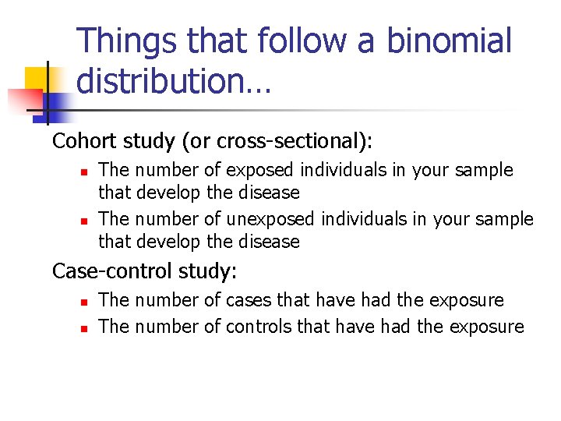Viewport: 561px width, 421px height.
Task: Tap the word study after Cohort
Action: (x=150, y=141)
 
